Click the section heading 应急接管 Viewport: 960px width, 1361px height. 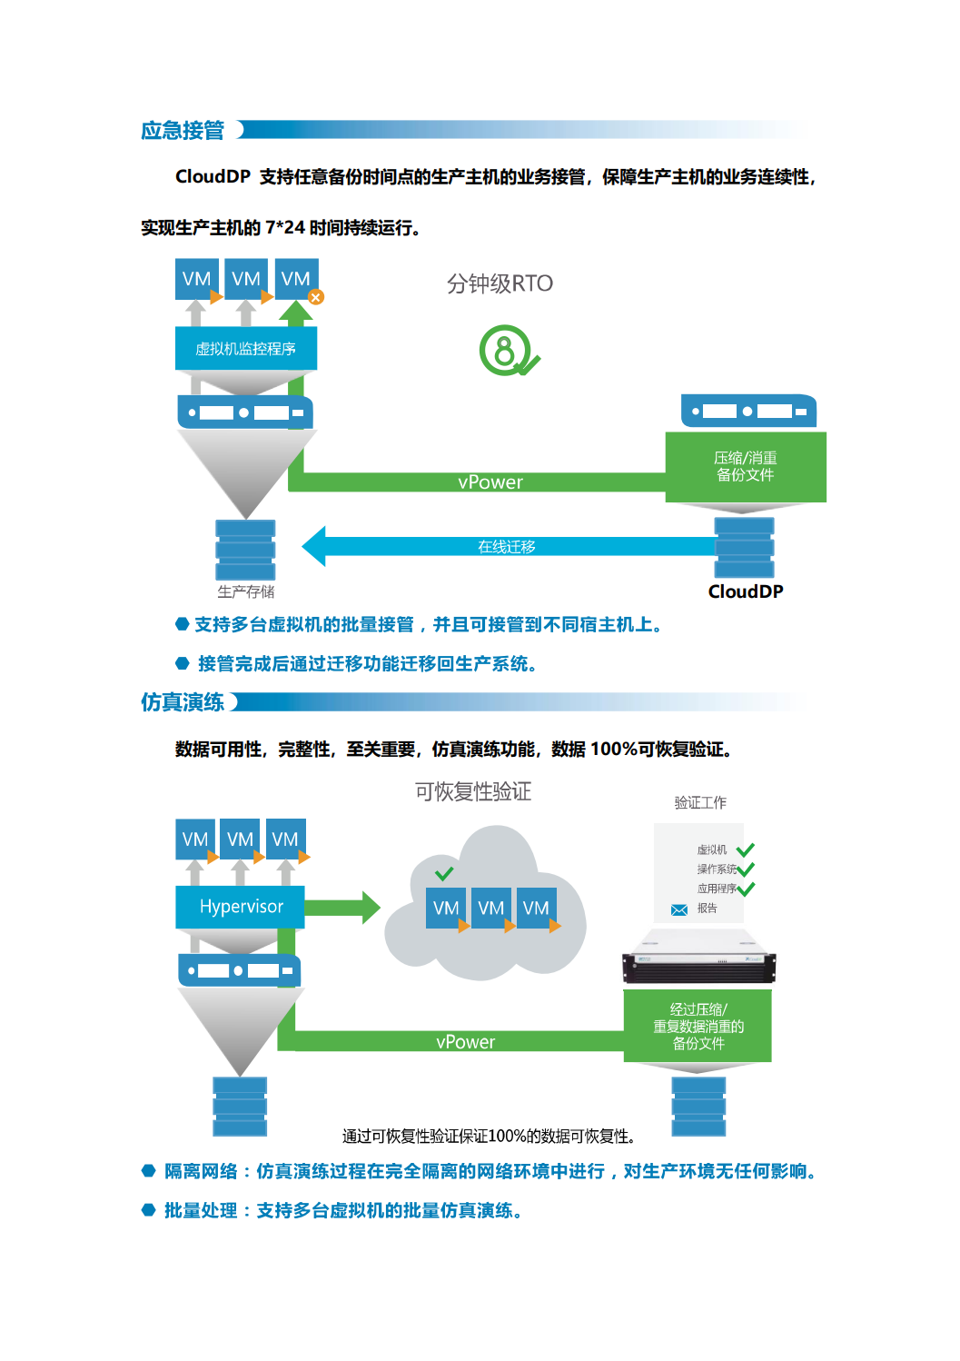(183, 131)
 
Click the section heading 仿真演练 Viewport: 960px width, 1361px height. (183, 702)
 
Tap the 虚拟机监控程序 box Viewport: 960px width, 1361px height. (245, 349)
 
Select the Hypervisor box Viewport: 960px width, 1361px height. (241, 907)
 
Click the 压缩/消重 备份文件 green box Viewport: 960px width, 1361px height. (746, 467)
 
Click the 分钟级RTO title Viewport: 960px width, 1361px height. (500, 283)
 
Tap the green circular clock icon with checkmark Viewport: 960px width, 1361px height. (507, 351)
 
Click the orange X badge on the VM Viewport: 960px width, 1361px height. (316, 297)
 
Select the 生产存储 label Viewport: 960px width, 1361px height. (245, 591)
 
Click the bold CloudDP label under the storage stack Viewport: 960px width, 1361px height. (746, 591)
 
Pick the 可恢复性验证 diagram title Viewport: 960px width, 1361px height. (473, 791)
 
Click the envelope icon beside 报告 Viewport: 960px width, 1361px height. (678, 909)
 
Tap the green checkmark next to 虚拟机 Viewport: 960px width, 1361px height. (746, 850)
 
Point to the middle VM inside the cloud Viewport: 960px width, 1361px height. (491, 909)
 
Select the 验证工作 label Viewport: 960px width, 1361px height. (700, 802)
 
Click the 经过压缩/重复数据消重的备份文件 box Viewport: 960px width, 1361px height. (698, 1026)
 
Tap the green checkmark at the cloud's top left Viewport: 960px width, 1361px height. (444, 874)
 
